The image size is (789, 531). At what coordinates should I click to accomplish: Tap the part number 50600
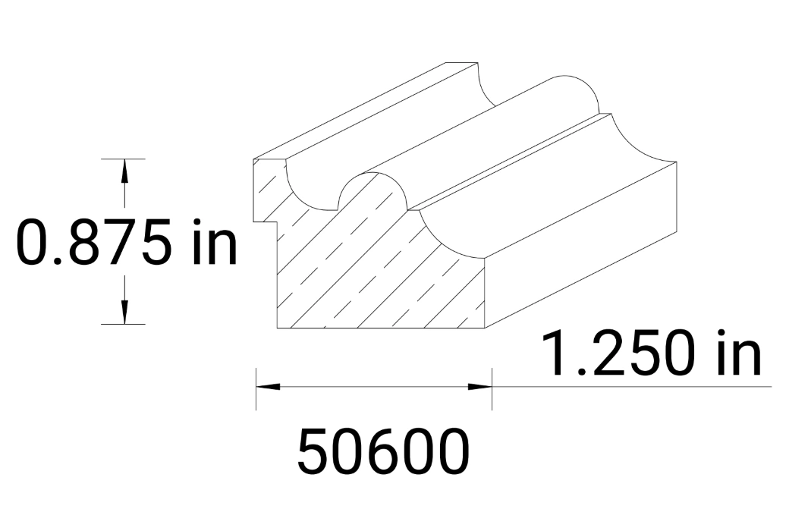(383, 451)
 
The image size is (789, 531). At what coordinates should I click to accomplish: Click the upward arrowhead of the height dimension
(124, 172)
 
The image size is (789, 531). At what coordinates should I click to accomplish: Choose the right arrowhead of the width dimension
(480, 386)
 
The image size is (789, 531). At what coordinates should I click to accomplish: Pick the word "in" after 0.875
(215, 242)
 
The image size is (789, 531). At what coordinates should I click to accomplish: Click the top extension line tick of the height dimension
(123, 159)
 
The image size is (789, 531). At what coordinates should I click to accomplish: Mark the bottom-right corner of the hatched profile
(484, 328)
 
